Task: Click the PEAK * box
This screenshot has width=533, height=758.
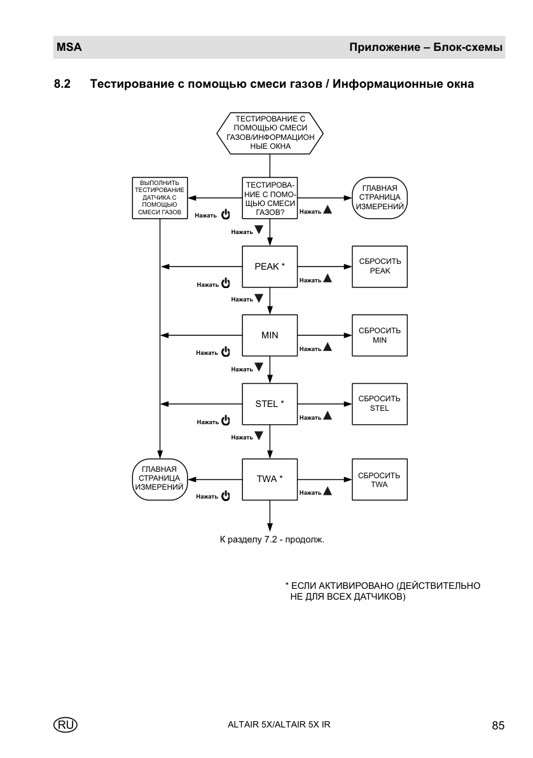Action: coord(270,266)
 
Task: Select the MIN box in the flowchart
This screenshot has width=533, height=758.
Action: coord(270,335)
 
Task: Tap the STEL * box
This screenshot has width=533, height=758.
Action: coord(270,404)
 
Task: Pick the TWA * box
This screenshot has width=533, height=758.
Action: coord(270,479)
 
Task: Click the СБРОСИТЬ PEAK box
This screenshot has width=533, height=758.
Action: coord(380,266)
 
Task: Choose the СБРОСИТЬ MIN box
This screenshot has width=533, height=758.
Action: coord(380,335)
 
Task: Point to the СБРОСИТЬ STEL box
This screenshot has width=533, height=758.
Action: coord(380,404)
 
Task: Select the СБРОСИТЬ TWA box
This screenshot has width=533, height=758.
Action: coord(380,479)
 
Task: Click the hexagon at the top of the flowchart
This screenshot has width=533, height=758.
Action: coord(270,133)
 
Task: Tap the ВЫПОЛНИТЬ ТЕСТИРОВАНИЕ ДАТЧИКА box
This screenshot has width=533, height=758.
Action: coord(160,198)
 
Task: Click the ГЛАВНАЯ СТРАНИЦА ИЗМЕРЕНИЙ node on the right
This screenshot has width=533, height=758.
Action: coord(380,198)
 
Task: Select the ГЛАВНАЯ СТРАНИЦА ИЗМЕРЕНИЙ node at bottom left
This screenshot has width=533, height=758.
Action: coord(160,479)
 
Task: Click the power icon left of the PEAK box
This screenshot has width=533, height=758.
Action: coord(225,283)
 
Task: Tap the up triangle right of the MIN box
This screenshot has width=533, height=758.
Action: coord(328,347)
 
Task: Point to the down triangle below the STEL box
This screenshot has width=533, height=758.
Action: coord(259,436)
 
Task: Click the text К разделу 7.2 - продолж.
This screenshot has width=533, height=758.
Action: coord(272,539)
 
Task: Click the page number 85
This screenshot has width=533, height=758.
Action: coord(498,725)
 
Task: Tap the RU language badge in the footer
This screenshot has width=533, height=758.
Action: coord(66,725)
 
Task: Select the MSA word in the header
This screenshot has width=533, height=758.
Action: coord(69,47)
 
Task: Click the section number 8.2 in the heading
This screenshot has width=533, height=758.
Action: coord(62,84)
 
